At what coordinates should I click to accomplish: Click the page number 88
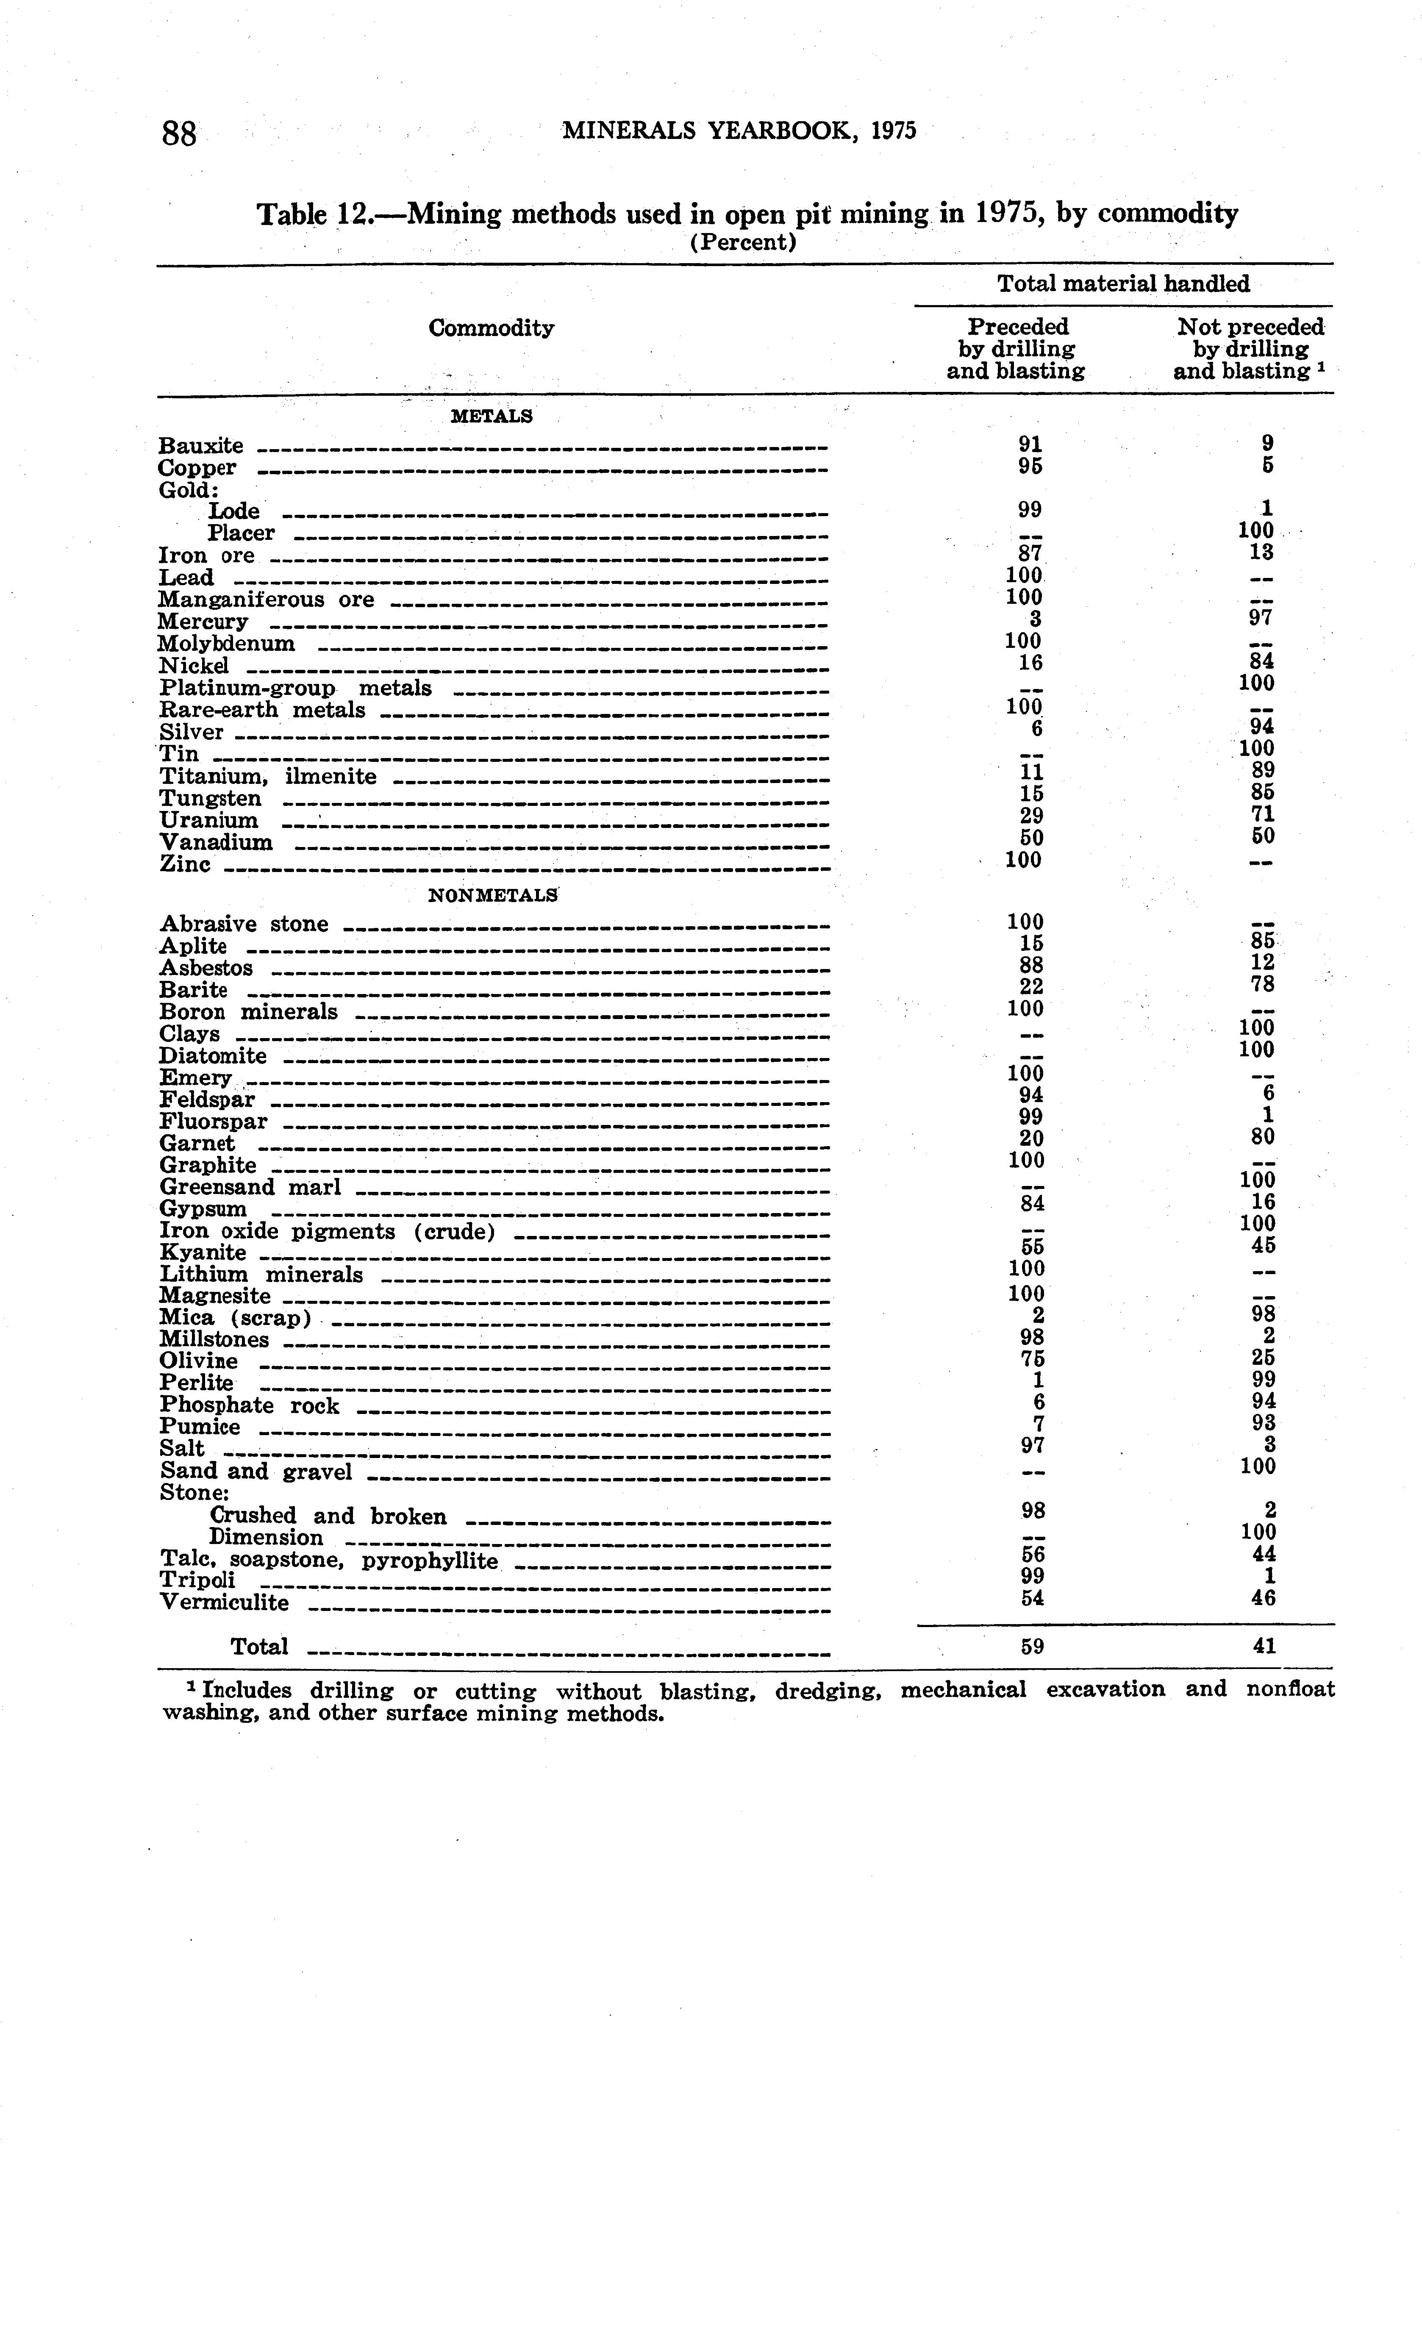(180, 133)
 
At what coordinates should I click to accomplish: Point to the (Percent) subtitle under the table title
(743, 242)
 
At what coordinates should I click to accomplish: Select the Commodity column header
(491, 328)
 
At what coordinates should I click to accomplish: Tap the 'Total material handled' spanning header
(1123, 284)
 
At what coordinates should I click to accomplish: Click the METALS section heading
(492, 416)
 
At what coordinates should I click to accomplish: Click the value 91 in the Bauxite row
(1030, 444)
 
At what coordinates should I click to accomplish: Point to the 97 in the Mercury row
(1260, 617)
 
